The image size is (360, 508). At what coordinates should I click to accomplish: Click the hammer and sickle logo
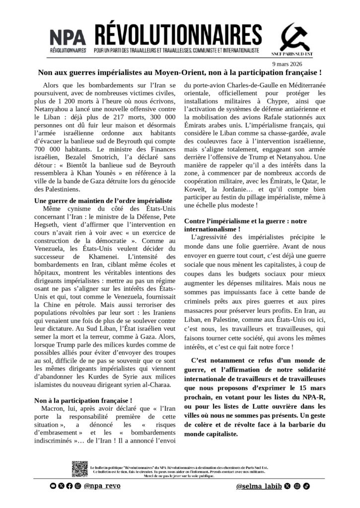tap(294, 37)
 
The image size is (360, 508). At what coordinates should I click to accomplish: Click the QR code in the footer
tap(79, 469)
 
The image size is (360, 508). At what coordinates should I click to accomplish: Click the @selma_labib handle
tap(259, 486)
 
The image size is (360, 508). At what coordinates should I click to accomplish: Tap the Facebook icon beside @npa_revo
tap(69, 486)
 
